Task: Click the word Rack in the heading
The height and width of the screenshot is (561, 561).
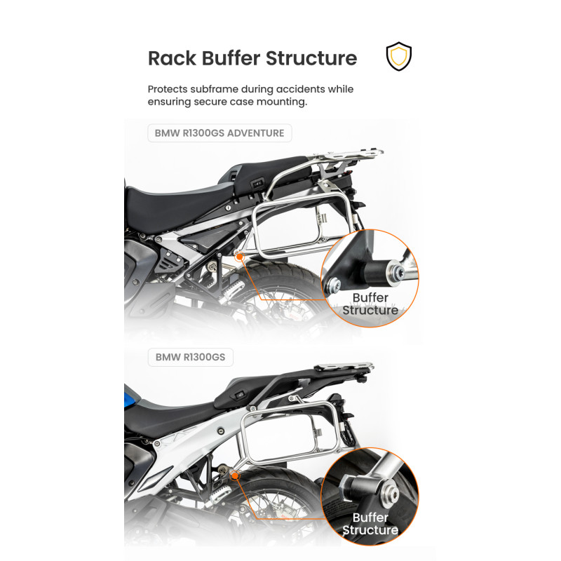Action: tap(171, 58)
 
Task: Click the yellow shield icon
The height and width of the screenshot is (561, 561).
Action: tap(399, 57)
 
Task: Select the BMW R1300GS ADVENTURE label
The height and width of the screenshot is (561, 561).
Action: tap(219, 133)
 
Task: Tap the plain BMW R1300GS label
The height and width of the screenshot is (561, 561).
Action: tap(190, 357)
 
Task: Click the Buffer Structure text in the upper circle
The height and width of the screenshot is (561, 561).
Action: tap(370, 304)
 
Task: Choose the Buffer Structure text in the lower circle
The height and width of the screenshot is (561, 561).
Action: tap(370, 524)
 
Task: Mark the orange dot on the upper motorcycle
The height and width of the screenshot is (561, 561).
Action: tap(239, 257)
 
